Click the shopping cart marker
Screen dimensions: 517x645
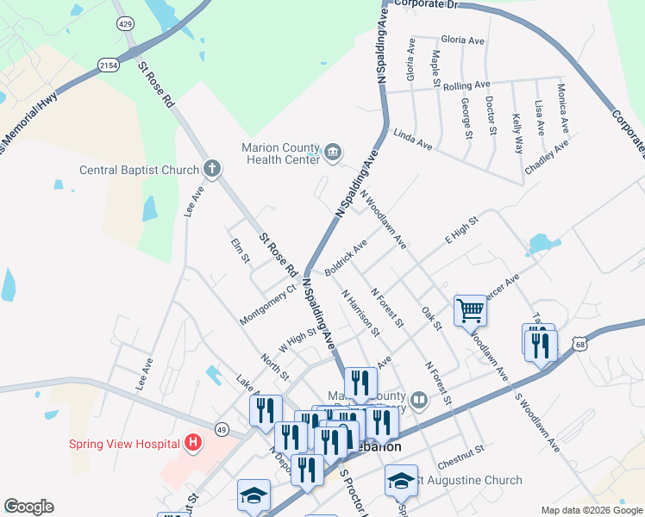click(470, 309)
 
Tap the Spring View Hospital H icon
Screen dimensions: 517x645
click(193, 444)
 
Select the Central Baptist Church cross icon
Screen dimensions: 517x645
click(212, 169)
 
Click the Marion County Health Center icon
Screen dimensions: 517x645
click(333, 153)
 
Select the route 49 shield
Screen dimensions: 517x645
click(222, 429)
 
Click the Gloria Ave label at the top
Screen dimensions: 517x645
click(462, 40)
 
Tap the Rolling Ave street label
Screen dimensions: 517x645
click(466, 85)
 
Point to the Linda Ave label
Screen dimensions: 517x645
click(412, 140)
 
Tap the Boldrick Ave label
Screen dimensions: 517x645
click(346, 258)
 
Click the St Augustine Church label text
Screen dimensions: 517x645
click(471, 480)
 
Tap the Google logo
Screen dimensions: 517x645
click(28, 507)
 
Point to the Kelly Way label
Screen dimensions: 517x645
click(517, 134)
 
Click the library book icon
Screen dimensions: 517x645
click(418, 399)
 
